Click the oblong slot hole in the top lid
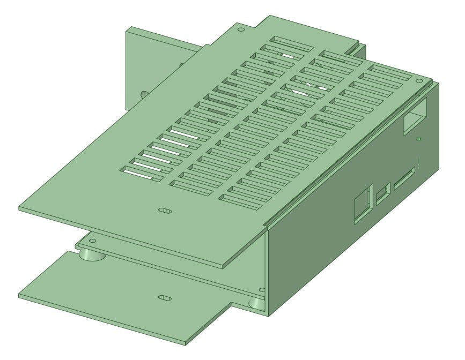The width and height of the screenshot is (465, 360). (165, 211)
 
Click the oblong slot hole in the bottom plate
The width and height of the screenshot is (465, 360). (165, 297)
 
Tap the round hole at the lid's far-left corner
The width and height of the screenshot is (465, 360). (240, 29)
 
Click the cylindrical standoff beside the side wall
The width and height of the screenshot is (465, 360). (257, 304)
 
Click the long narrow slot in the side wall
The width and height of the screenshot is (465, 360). (404, 179)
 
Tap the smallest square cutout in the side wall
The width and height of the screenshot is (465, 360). (383, 194)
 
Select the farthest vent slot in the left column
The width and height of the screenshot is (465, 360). (292, 43)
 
